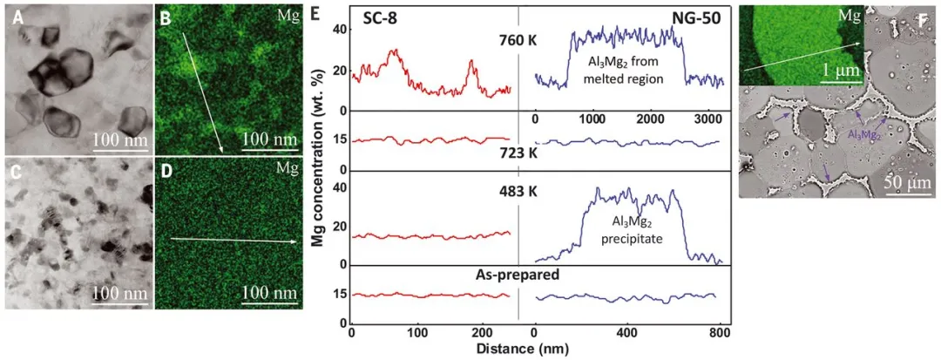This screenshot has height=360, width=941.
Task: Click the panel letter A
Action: pyautogui.click(x=12, y=16)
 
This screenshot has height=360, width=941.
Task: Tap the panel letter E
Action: pyautogui.click(x=315, y=14)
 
